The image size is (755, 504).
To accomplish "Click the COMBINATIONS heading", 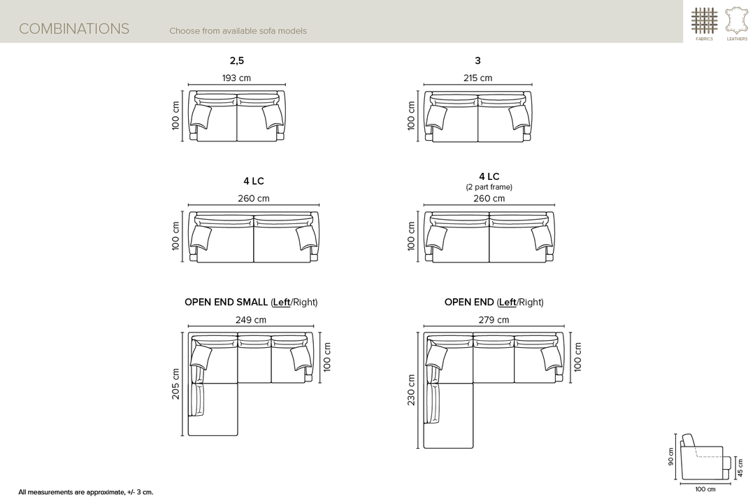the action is point(73,29).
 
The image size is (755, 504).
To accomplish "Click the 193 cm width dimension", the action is point(236,78).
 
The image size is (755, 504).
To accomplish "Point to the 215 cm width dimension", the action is point(477,78).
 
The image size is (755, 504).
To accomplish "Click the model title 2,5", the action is point(236,60).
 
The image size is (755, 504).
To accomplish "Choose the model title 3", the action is point(477,60).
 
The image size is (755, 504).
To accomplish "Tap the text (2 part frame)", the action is point(489,187).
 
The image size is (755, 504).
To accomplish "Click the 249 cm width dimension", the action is point(251,319).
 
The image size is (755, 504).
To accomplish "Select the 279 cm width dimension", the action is point(494,319).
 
